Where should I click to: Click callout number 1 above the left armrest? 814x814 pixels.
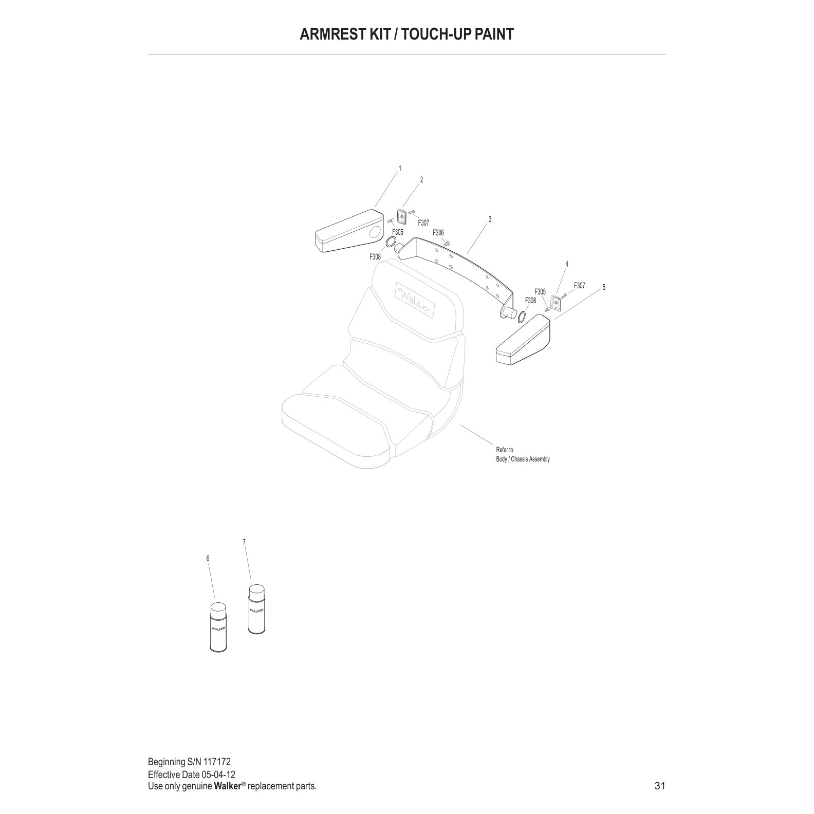click(400, 169)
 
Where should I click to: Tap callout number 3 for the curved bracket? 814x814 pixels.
click(490, 219)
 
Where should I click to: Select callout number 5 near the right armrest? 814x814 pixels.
click(604, 287)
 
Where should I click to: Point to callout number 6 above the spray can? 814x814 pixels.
click(208, 559)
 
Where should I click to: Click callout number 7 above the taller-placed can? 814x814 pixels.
click(244, 542)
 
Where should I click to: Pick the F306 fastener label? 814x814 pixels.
click(438, 233)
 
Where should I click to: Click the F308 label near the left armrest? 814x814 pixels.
click(375, 257)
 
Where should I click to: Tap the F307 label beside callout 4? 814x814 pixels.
click(579, 286)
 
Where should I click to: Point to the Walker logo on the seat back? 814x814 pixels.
click(414, 300)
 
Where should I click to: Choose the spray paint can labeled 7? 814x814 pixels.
click(257, 610)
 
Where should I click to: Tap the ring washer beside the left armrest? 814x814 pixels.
click(390, 243)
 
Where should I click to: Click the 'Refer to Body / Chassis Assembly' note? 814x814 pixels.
click(522, 455)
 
